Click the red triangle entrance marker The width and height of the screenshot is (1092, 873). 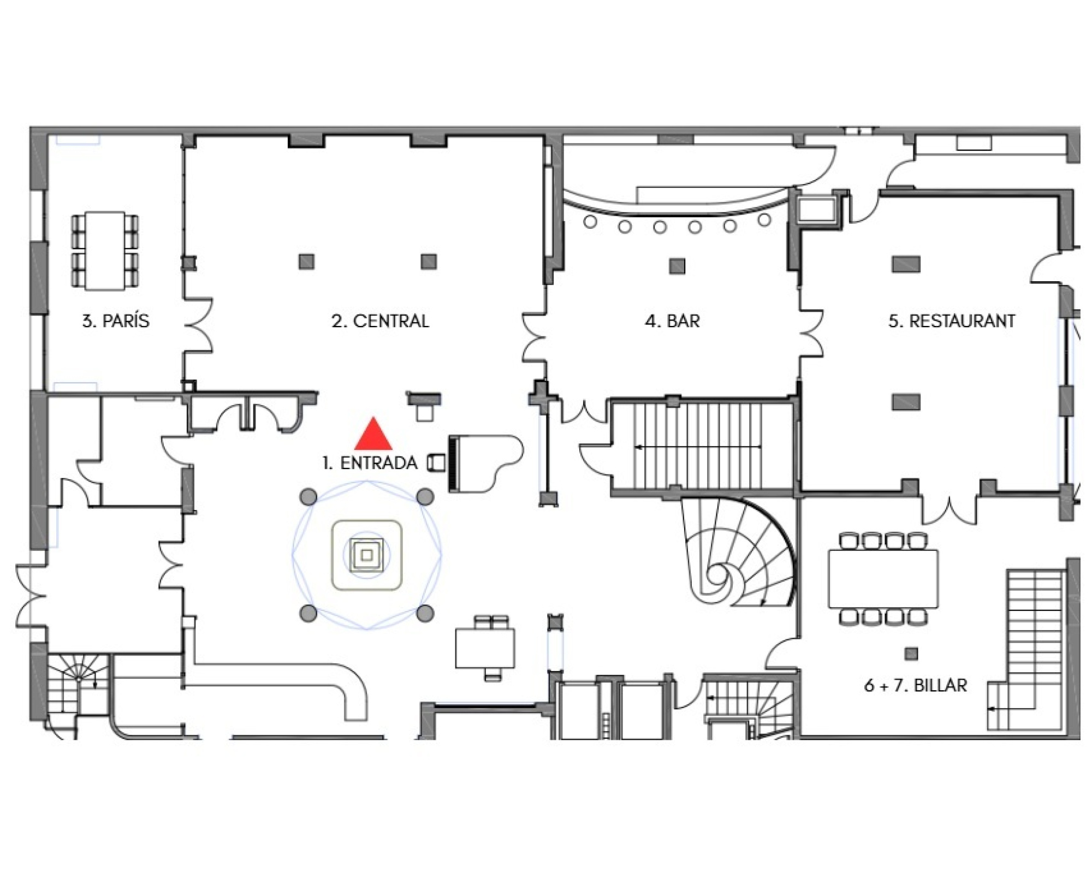[373, 434]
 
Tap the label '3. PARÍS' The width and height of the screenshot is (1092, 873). [116, 320]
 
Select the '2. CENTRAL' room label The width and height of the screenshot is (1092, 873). [380, 320]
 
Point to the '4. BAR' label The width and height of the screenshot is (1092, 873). [672, 320]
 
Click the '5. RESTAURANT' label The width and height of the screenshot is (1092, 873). [952, 320]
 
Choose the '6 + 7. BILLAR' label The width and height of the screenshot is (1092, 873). [916, 685]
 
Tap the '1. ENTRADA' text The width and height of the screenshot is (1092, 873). [370, 463]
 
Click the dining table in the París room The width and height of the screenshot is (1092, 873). [105, 251]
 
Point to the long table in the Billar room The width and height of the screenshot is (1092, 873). [883, 579]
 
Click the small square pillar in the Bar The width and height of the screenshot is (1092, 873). [677, 266]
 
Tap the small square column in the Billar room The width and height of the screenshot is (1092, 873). [911, 654]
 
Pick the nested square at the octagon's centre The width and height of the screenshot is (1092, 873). [367, 555]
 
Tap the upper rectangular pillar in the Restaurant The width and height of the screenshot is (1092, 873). [906, 264]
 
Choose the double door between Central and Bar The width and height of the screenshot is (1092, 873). [534, 336]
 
